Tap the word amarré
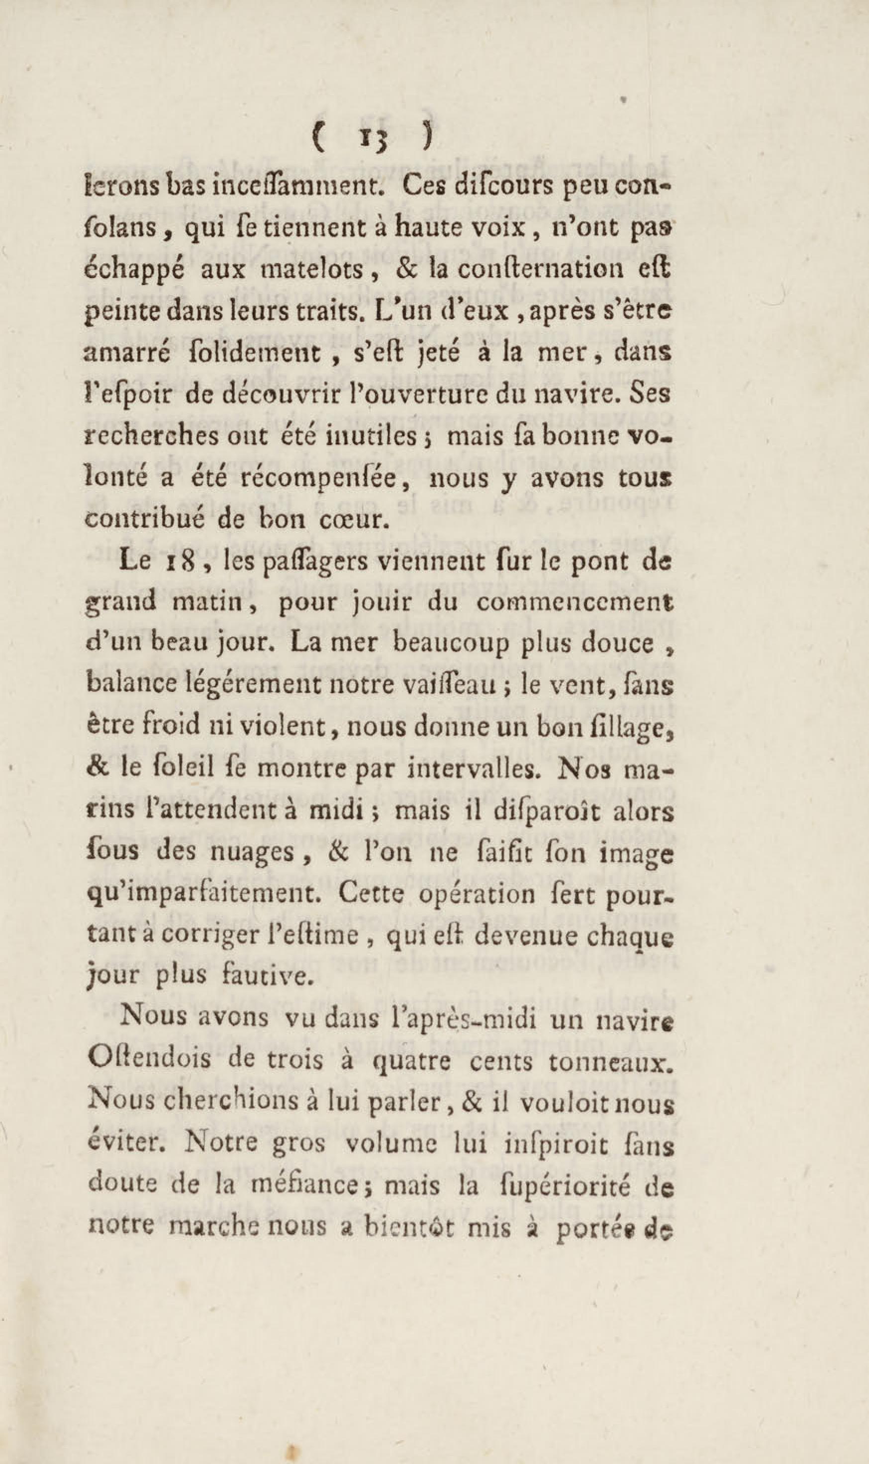pos(121,353)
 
